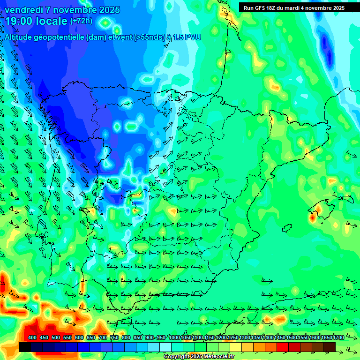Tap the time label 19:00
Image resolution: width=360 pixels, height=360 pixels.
coord(19,21)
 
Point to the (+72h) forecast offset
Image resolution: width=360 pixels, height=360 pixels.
coord(81,21)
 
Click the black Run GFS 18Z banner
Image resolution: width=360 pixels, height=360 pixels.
coord(294,7)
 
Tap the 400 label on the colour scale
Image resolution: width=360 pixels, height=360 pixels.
coord(32,338)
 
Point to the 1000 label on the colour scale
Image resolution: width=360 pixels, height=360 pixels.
coord(174,338)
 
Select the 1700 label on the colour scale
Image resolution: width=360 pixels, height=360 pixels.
coord(326,338)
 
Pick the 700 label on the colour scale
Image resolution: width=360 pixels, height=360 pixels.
coord(103,338)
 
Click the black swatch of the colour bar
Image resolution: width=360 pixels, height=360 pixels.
coord(25,347)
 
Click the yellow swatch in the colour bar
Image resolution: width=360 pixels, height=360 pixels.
coord(236,347)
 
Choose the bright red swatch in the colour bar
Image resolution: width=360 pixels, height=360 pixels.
coord(283,347)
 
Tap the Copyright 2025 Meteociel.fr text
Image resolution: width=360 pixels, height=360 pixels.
coord(193,357)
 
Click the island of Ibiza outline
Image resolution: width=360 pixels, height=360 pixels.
coord(287,228)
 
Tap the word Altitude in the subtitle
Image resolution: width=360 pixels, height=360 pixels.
coord(21,37)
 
